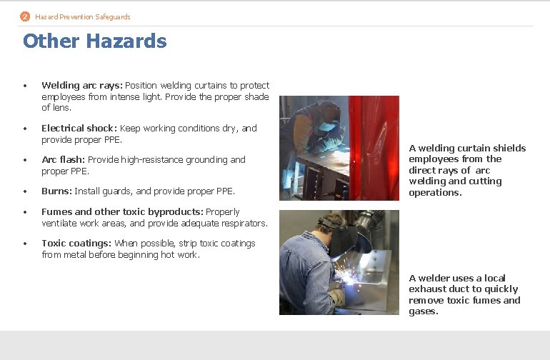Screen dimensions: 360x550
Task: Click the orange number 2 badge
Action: coord(25,16)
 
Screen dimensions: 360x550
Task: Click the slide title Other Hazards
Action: coord(95,41)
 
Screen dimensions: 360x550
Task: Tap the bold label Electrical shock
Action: coord(79,129)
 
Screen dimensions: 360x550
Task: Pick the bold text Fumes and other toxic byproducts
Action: coord(122,212)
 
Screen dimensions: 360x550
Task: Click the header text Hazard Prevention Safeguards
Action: coord(83,16)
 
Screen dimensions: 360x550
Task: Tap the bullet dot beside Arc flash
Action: coord(25,160)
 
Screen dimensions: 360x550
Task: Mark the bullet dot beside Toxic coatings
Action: coord(25,244)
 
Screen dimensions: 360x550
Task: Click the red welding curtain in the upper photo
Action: coord(371,143)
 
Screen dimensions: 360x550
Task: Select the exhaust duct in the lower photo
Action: coord(365,229)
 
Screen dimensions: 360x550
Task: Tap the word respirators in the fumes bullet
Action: coord(245,224)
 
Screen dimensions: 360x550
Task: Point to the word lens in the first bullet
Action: coord(61,108)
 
